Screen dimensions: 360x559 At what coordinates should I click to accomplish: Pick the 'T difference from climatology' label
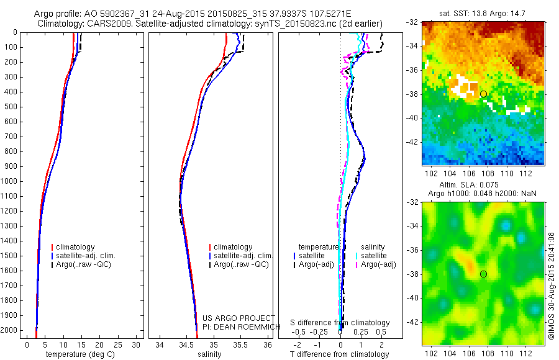tap(340, 354)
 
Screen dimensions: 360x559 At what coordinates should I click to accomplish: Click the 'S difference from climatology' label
tap(340, 323)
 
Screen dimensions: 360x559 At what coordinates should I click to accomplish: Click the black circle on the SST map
tap(483, 94)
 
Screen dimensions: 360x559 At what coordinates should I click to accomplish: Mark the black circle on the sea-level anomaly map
tap(483, 274)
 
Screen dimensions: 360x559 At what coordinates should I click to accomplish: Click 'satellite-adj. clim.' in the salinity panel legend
tap(243, 256)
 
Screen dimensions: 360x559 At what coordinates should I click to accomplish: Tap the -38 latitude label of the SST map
tap(412, 94)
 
